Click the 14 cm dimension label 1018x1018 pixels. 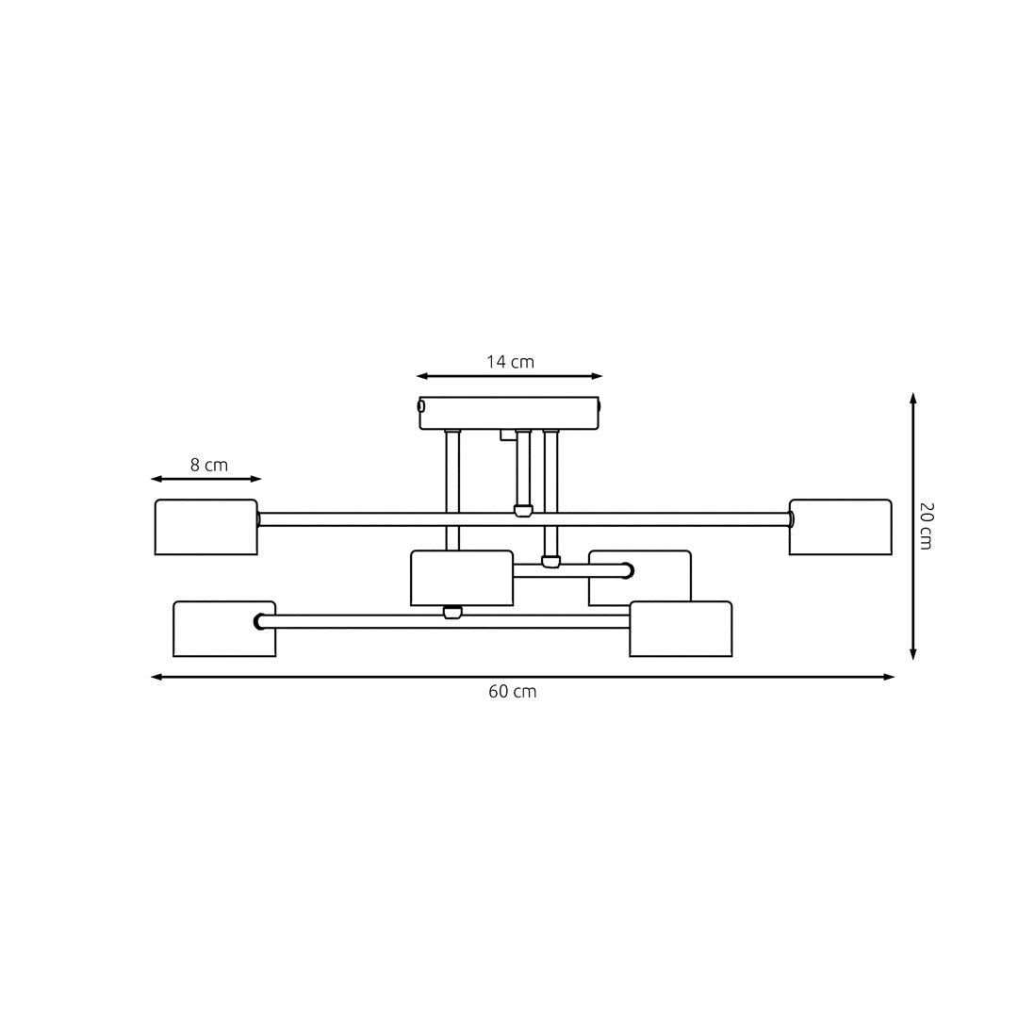[x=510, y=362]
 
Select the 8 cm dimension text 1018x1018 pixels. [x=208, y=465]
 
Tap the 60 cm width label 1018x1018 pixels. [x=512, y=692]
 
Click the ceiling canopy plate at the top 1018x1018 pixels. [x=509, y=412]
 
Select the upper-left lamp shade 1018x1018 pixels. [x=206, y=527]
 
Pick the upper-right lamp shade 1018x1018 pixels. [x=841, y=527]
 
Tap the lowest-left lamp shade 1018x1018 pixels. [x=224, y=629]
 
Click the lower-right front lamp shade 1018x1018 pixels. [x=681, y=629]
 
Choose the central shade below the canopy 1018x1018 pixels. [x=462, y=577]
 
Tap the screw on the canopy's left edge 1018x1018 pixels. [x=421, y=406]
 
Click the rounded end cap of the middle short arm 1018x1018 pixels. [x=628, y=570]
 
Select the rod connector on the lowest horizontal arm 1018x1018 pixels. [x=452, y=613]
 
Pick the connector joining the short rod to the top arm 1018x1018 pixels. [x=523, y=511]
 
